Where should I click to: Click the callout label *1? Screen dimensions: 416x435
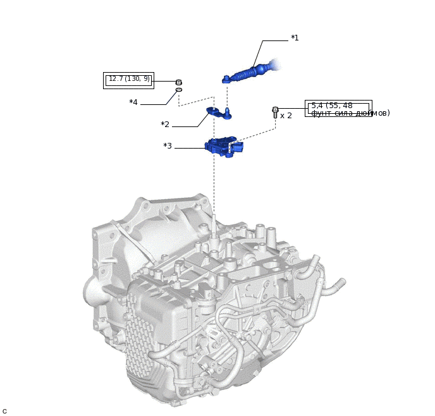click(x=294, y=38)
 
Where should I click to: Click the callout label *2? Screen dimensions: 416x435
click(x=164, y=125)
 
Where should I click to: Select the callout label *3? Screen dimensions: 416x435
click(x=168, y=146)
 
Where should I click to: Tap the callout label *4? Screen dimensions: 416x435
click(x=133, y=102)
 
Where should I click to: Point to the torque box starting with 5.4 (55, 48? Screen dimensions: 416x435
click(x=338, y=109)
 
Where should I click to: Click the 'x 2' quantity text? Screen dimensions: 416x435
click(x=286, y=116)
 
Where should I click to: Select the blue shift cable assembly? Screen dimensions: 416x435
click(x=250, y=72)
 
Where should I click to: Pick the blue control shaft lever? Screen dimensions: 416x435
click(x=217, y=113)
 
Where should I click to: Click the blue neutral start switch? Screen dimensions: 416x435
click(x=222, y=147)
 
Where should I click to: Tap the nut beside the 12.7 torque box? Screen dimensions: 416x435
click(x=179, y=82)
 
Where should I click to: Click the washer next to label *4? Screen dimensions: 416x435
click(x=179, y=90)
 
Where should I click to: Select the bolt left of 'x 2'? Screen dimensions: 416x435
click(x=275, y=113)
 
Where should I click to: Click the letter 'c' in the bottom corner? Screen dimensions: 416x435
click(x=4, y=411)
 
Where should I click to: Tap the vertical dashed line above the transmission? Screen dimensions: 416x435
click(x=214, y=190)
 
